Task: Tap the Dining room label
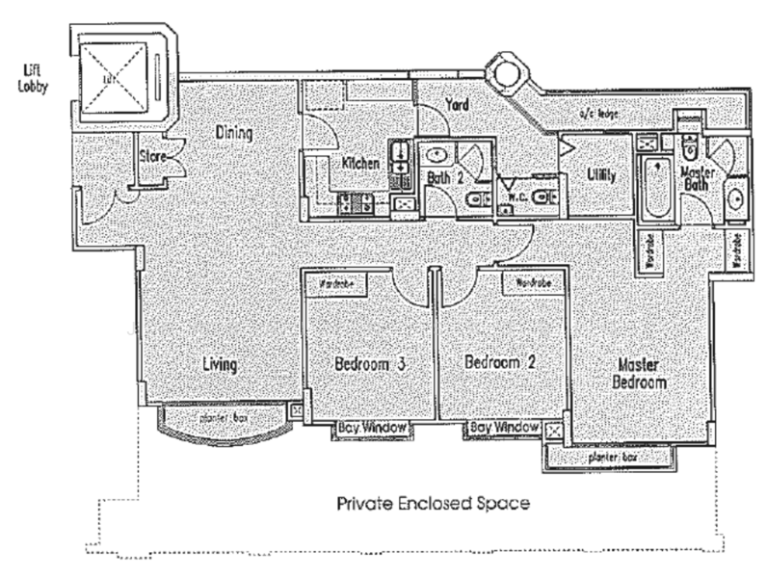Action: pos(234,133)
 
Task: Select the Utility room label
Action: pos(601,175)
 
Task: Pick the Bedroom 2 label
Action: pos(500,363)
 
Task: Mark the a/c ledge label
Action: pos(596,115)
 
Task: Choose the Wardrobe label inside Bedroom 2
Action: pos(533,284)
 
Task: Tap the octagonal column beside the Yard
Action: pos(504,70)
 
